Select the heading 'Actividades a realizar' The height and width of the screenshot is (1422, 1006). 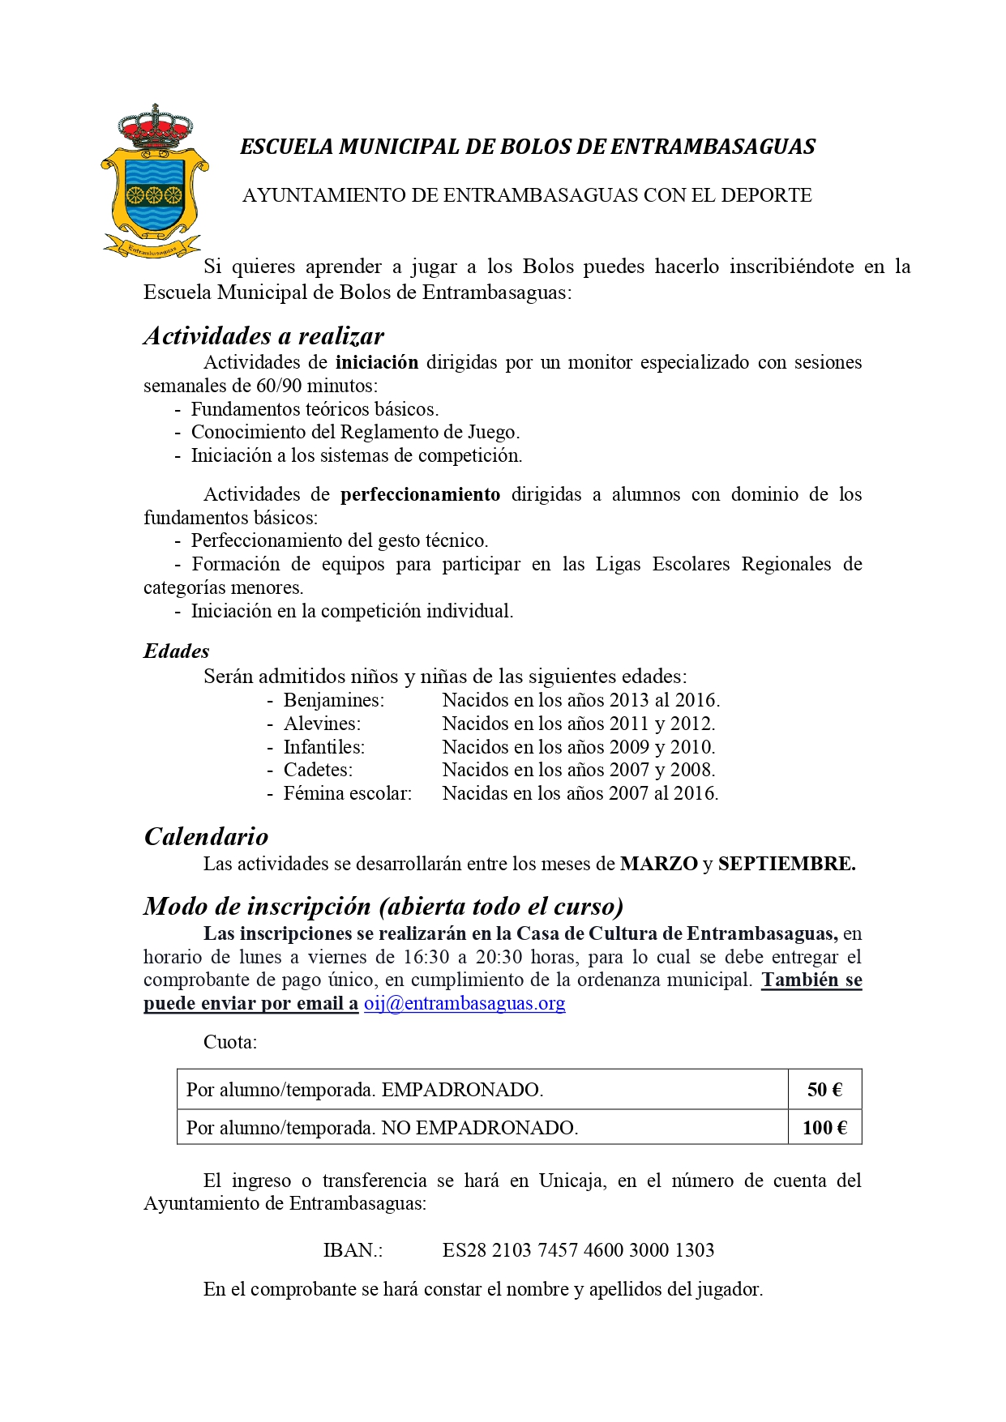click(263, 335)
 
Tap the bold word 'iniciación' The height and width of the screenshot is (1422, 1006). click(377, 362)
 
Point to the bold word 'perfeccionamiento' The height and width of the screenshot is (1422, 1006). click(420, 494)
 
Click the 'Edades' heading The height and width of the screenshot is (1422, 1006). click(176, 651)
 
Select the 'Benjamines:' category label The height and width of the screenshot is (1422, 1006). click(333, 700)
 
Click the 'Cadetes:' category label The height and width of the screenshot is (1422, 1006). click(318, 770)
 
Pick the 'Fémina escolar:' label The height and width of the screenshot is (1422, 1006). click(347, 793)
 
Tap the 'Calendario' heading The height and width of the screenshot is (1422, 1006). click(206, 836)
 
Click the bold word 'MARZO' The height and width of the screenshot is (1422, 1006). click(658, 864)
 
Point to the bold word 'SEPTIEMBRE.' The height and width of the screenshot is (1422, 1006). click(786, 864)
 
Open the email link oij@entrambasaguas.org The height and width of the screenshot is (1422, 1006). click(464, 1003)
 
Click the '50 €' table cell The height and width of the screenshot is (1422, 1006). click(824, 1090)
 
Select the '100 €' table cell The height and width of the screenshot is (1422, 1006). click(824, 1127)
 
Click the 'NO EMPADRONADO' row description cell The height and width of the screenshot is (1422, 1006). click(382, 1127)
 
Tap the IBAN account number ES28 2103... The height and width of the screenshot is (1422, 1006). click(578, 1250)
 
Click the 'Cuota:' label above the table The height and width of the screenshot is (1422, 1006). click(230, 1042)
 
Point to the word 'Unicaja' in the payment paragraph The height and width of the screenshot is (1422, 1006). click(571, 1181)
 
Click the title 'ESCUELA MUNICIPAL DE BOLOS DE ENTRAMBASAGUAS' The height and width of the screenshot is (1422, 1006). click(528, 147)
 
